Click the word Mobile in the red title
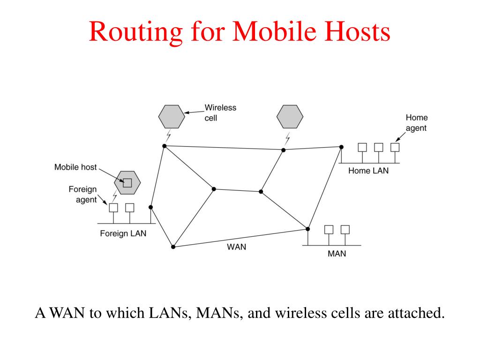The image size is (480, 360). click(274, 31)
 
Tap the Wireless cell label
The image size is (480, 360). click(220, 112)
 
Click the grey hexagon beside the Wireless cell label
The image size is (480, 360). click(172, 117)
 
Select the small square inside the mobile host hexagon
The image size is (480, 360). click(127, 183)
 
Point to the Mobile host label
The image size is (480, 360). click(75, 167)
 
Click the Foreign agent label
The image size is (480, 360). click(82, 195)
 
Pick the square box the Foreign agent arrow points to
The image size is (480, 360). click(113, 208)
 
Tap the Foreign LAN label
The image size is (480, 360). click(123, 233)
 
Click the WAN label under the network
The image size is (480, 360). click(236, 247)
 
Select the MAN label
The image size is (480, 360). click(337, 254)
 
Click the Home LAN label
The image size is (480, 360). click(368, 171)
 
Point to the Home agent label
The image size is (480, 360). click(416, 123)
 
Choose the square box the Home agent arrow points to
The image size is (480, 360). click(395, 147)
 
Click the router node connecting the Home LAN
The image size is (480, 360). click(341, 147)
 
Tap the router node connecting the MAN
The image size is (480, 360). click(307, 229)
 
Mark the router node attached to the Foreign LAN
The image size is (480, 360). click(150, 207)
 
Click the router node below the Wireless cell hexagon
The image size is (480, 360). click(165, 146)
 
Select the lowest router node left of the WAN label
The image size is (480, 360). click(173, 247)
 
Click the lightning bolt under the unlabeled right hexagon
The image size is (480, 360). click(287, 139)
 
